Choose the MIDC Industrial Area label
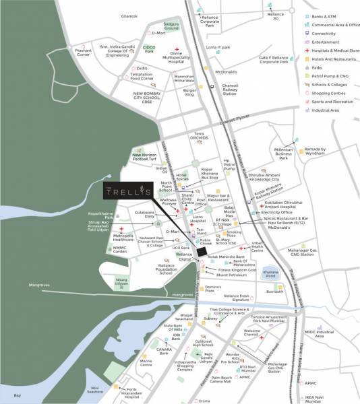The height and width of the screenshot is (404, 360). [x=326, y=333]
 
